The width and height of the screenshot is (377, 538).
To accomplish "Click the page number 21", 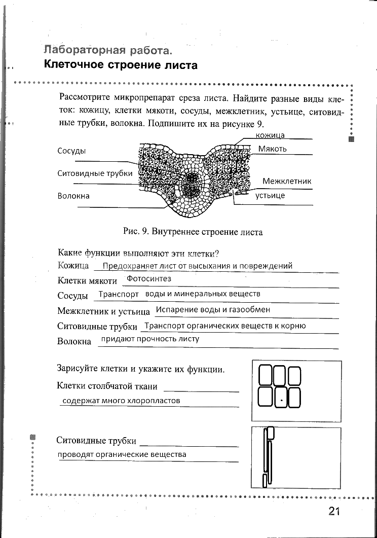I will pos(333,511).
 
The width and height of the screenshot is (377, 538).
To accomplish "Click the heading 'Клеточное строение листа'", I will pos(121,65).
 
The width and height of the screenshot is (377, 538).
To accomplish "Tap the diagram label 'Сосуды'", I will pos(71,151).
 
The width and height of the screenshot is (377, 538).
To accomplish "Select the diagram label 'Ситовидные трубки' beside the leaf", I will pos(95,173).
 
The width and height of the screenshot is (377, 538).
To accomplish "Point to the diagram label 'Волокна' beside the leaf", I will pos(73,196).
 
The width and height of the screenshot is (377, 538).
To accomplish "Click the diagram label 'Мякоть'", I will pos(273,149).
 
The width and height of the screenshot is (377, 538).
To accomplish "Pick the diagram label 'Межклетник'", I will pos(287,181).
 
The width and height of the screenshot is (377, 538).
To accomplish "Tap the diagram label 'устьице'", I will pos(270,195).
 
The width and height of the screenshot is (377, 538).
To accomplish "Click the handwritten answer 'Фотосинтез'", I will pos(149,278).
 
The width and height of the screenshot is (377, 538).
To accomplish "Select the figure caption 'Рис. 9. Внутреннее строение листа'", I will pos(193,232).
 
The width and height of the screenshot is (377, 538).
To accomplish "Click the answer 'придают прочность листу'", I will pos(150,339).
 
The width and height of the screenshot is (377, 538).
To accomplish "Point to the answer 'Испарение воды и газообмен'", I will pos(213,309).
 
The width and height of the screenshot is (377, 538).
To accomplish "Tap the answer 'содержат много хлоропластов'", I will pos(121,401).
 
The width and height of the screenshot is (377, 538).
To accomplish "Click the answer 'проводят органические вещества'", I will pos(122,454).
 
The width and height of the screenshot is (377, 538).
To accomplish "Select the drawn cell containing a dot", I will pos(279,398).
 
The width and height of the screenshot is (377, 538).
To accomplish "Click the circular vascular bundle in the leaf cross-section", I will pos(193,185).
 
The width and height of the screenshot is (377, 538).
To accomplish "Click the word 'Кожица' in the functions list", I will pos(73,266).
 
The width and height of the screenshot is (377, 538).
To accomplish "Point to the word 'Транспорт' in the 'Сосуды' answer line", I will pos(119,294).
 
